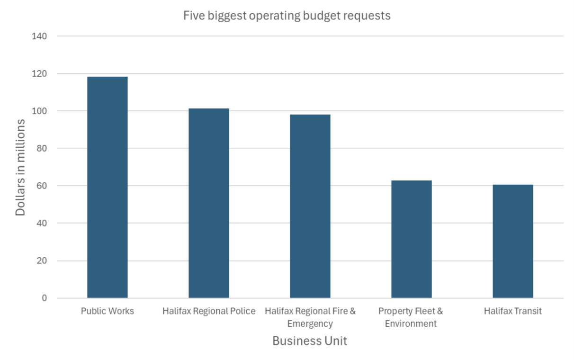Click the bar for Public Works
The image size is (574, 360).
107,187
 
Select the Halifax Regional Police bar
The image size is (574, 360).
208,203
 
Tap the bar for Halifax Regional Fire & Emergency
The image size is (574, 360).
310,206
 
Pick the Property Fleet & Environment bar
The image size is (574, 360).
411,239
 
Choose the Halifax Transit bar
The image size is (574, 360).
512,241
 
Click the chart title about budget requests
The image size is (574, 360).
287,16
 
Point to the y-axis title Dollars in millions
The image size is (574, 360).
20,167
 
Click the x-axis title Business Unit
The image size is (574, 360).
310,341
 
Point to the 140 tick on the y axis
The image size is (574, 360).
41,36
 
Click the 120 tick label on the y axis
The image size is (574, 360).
41,73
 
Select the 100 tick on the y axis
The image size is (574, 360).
41,111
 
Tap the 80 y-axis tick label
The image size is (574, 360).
43,148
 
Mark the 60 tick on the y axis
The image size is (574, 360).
43,186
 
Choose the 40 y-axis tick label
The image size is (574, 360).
43,223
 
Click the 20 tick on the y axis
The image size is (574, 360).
43,261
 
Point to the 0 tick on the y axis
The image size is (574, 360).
45,298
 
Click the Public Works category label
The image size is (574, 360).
107,311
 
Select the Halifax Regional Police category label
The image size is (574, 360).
208,311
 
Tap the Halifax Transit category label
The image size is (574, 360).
512,311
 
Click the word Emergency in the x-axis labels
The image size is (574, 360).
310,324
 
